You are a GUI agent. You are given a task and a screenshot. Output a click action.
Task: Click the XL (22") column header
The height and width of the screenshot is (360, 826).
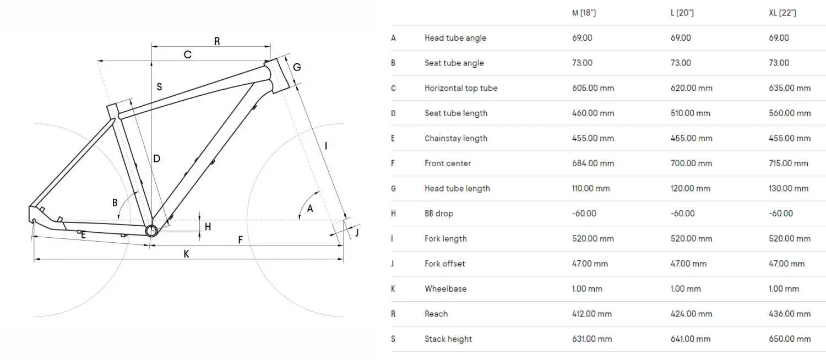click(782, 13)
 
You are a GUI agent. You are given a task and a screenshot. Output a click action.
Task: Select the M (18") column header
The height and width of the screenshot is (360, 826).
click(584, 13)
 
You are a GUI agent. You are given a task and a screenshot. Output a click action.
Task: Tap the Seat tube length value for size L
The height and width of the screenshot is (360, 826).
click(691, 113)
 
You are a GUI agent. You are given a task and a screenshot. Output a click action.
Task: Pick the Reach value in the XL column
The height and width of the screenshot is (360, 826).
click(790, 314)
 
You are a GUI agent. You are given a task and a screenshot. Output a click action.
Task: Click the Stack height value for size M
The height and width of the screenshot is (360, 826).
click(592, 339)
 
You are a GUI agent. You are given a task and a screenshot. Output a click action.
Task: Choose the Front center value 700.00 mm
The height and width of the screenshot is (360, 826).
click(692, 163)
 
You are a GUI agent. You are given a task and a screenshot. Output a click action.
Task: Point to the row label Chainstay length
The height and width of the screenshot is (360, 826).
click(456, 139)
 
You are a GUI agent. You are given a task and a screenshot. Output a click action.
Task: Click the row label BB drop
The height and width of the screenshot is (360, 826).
click(439, 214)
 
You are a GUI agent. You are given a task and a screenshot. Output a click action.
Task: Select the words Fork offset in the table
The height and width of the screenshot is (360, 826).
click(445, 264)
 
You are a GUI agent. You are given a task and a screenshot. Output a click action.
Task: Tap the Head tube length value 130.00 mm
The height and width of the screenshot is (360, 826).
click(789, 189)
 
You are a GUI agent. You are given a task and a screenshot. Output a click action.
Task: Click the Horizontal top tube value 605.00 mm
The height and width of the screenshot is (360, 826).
click(593, 88)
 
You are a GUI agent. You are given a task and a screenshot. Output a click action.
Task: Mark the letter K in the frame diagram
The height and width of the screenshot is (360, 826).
click(186, 254)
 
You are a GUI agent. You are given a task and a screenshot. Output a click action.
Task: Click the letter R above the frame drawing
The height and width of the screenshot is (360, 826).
click(217, 41)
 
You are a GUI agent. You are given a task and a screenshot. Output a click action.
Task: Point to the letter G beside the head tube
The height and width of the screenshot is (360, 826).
click(297, 67)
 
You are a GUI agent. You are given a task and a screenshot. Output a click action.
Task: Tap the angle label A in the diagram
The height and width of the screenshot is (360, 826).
click(310, 209)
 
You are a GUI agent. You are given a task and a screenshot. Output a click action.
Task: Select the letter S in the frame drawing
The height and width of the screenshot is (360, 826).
click(159, 87)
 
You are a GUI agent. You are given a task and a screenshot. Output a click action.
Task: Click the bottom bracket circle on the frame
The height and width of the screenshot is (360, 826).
click(151, 231)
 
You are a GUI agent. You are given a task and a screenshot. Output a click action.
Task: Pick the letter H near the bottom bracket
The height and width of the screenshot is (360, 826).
click(208, 227)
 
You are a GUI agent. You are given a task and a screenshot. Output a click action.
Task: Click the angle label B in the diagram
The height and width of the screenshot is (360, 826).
click(115, 203)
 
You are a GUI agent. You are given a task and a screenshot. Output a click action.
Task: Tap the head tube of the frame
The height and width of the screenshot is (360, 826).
click(276, 75)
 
